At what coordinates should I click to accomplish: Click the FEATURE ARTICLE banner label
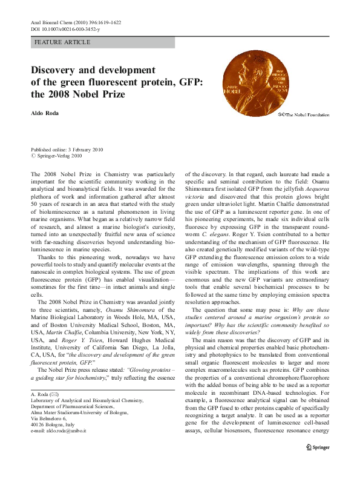click(63, 42)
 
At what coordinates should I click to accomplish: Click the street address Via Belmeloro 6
click(51, 435)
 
